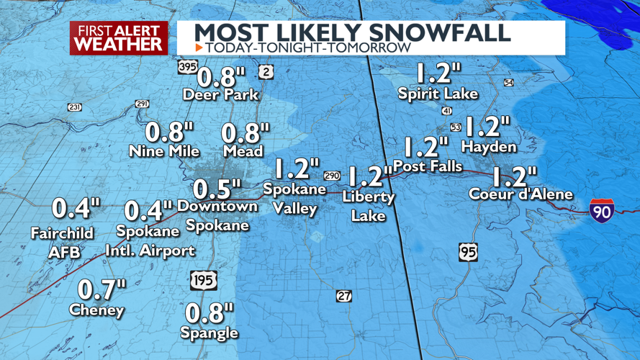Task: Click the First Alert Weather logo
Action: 119,37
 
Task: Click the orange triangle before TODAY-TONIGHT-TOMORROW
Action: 199,48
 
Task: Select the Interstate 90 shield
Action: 601,210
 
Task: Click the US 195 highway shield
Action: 204,280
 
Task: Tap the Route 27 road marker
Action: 344,296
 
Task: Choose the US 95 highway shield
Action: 467,253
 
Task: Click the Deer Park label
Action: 220,94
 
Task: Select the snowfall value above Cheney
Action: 102,289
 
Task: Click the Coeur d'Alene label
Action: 520,194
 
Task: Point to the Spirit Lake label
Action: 438,94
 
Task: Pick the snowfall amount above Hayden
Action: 487,127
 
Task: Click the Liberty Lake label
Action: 369,206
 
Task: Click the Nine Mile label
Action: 163,151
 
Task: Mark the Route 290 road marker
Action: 331,176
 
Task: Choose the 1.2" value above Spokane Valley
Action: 296,169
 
